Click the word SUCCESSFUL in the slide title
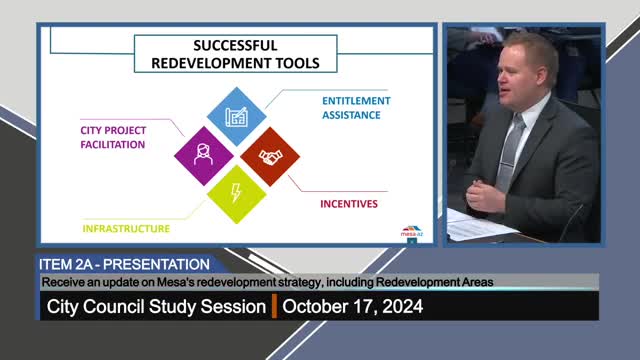pos(235,46)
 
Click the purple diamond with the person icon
pos(203,155)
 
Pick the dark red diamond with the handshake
pos(270,156)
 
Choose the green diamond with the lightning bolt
pos(237,192)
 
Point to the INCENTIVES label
pos(349,205)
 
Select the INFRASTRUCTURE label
pos(126,228)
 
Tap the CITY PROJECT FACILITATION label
pos(113,137)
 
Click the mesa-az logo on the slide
pos(412,231)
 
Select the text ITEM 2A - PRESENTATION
pos(124,264)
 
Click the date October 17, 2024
pos(352,307)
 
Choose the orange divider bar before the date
pos(274,307)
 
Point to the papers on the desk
pos(478,227)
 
